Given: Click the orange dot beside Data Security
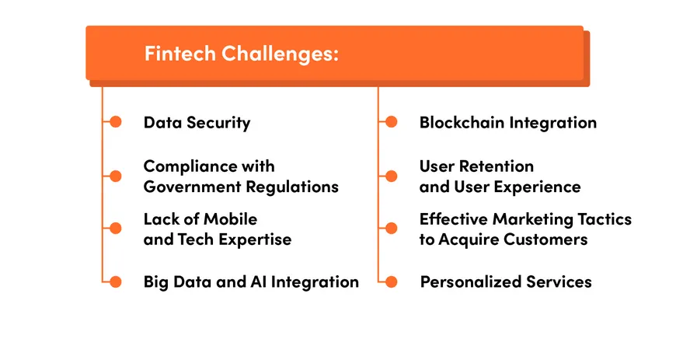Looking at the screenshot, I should tap(116, 122).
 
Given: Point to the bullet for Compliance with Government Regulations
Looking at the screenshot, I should tap(116, 177).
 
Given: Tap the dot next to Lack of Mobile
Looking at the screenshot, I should tap(116, 229).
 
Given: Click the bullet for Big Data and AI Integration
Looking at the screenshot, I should tap(116, 281).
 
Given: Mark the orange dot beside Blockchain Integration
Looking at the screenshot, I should tap(392, 122).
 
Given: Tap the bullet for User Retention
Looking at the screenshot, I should tap(392, 177).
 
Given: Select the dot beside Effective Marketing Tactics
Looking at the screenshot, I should tap(392, 229).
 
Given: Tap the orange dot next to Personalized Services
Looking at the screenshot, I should tap(392, 281).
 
